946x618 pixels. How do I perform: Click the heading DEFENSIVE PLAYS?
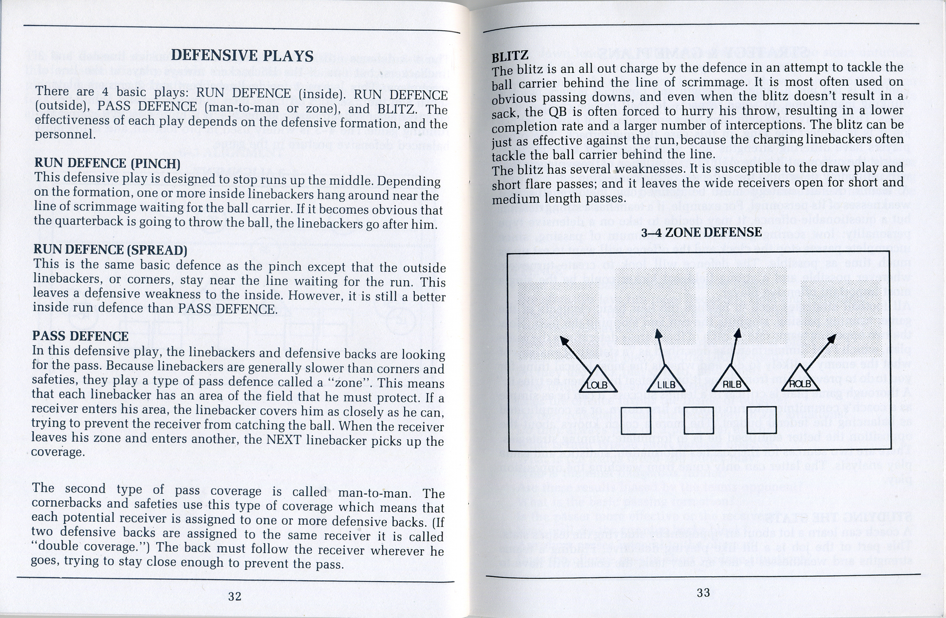point(242,56)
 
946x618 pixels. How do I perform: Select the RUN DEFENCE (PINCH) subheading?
point(107,164)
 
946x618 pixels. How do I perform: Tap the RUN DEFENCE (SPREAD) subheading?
point(110,250)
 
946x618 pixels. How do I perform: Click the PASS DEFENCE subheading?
point(80,336)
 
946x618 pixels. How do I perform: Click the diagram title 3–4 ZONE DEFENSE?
point(701,232)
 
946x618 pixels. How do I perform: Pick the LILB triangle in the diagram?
point(666,379)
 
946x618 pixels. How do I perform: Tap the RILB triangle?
point(732,379)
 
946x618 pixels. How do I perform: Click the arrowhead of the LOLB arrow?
point(563,339)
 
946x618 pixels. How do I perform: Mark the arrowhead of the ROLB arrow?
point(832,339)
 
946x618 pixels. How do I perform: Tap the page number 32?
point(235,597)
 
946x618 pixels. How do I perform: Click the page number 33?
point(703,593)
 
